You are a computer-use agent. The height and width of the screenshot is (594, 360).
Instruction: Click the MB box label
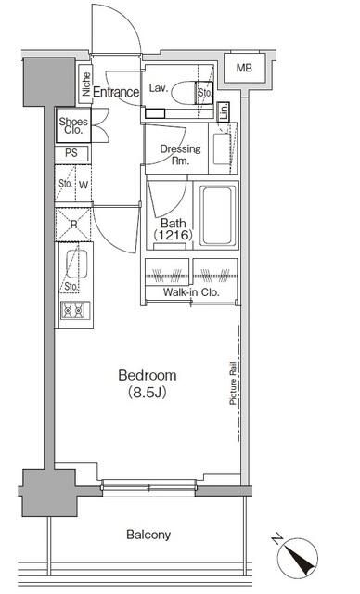pyautogui.click(x=242, y=68)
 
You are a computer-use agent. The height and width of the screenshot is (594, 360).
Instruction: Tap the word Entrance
pyautogui.click(x=116, y=92)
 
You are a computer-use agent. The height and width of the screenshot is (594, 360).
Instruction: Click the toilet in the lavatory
pyautogui.click(x=191, y=92)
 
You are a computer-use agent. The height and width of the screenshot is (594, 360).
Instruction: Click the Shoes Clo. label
pyautogui.click(x=73, y=125)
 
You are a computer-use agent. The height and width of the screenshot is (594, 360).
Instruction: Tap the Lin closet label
pyautogui.click(x=224, y=111)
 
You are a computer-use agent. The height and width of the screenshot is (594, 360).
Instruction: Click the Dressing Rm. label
pyautogui.click(x=173, y=154)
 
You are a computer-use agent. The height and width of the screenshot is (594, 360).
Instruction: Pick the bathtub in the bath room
pyautogui.click(x=219, y=213)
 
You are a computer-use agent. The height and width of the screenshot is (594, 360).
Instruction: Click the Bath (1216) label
pyautogui.click(x=173, y=229)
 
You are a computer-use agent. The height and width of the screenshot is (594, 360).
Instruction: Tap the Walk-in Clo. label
pyautogui.click(x=191, y=293)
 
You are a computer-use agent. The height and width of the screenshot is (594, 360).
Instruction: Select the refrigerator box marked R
pyautogui.click(x=72, y=224)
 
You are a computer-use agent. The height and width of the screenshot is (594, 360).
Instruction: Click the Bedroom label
pyautogui.click(x=147, y=375)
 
